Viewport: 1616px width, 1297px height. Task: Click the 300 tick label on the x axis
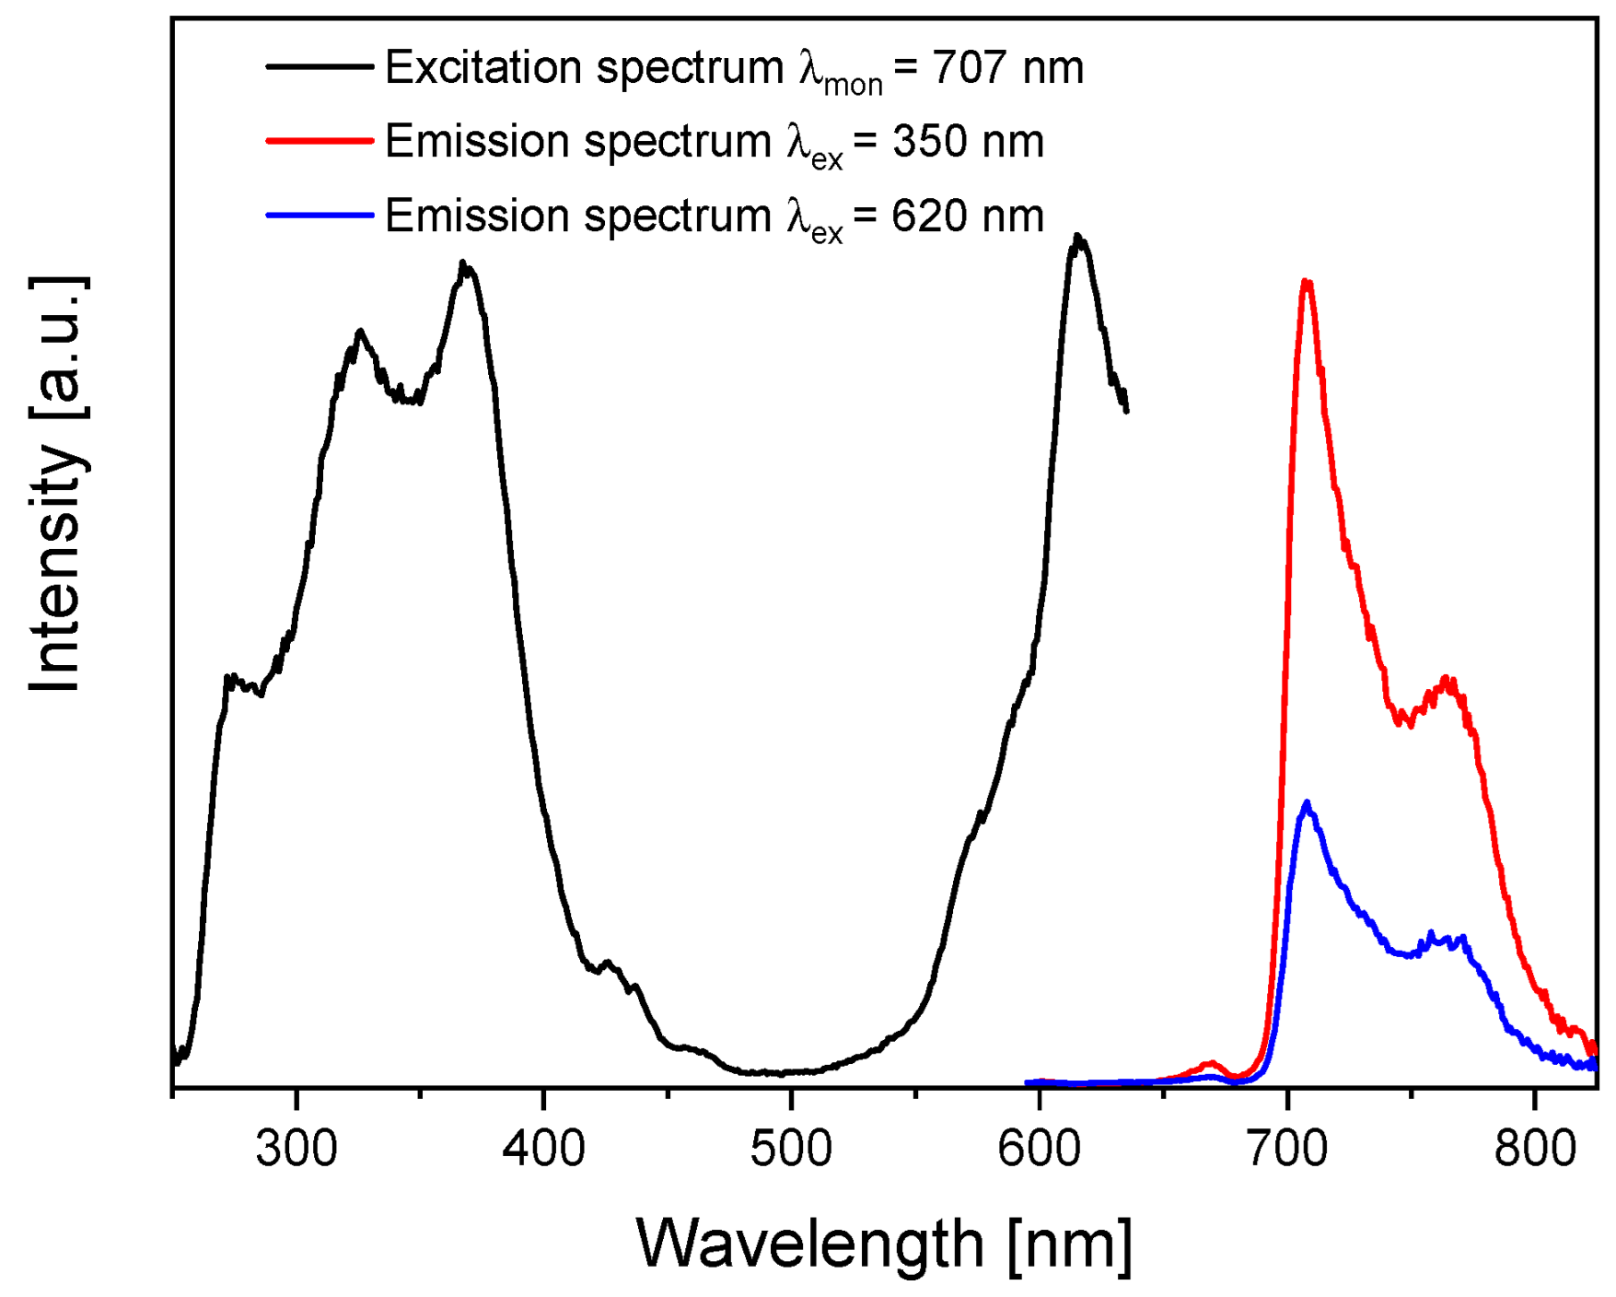coord(296,1149)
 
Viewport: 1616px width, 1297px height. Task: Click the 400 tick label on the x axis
coord(544,1149)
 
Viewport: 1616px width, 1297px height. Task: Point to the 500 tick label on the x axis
coord(791,1149)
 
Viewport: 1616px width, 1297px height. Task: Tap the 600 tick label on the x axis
coord(1039,1149)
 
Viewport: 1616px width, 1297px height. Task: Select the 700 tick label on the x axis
coord(1286,1149)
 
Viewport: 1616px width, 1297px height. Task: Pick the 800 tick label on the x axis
coord(1534,1149)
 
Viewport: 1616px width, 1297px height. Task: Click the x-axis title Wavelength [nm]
coord(884,1244)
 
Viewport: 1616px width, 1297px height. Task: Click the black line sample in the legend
coord(320,66)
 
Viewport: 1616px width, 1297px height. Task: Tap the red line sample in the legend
coord(320,141)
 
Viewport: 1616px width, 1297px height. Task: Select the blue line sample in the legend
coord(320,216)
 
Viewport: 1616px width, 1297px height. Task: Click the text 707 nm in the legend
coord(1007,67)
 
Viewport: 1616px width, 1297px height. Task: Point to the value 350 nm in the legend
coord(968,142)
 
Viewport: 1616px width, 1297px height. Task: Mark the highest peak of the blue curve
coord(1306,803)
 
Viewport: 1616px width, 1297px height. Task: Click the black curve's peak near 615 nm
coord(1077,238)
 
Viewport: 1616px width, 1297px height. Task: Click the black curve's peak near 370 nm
coord(463,263)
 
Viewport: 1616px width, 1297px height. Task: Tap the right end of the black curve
coord(1126,410)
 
